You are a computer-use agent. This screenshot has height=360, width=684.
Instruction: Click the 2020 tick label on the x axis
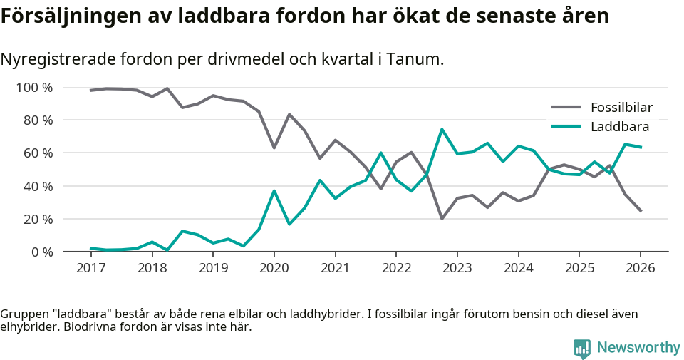coord(274,268)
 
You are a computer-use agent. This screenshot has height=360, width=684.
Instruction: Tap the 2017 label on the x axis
coord(90,268)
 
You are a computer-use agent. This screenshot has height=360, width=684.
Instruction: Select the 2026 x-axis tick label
coord(640,268)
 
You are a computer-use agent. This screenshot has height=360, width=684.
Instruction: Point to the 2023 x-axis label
coord(457,268)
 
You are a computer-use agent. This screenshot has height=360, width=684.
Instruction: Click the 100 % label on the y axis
coord(33,88)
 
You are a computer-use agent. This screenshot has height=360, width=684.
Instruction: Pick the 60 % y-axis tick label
coord(36,153)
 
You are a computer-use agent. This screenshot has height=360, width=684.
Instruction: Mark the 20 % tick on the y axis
coord(36,219)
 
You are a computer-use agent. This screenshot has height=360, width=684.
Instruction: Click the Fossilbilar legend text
coord(621,108)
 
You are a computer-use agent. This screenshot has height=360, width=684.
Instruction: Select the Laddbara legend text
coord(619,127)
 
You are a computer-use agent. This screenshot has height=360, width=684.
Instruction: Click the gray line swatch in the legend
coord(566,108)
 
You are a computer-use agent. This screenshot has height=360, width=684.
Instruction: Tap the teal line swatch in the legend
coord(566,127)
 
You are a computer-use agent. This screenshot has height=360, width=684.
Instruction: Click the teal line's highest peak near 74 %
coord(442,130)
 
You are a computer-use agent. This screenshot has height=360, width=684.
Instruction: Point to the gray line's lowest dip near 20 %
coord(442,218)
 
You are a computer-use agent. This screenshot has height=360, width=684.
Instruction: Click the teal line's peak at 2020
coord(274,191)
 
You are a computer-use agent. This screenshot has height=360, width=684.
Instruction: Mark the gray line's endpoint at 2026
coord(641,211)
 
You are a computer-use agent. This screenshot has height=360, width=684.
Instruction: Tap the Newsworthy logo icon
coord(582,348)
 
